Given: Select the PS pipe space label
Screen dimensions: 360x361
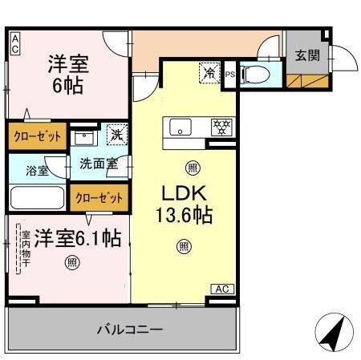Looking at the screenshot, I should [x=230, y=75].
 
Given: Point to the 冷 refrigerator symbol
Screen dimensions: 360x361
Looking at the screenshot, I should [x=209, y=73].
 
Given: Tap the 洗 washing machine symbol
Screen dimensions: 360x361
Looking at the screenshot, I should [x=116, y=137].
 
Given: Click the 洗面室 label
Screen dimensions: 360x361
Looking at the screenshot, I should [x=97, y=165].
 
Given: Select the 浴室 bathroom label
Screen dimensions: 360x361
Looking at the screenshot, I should [x=36, y=170].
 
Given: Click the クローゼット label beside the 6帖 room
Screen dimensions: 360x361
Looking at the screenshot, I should [x=37, y=136].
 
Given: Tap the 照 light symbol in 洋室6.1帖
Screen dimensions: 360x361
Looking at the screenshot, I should [x=72, y=261].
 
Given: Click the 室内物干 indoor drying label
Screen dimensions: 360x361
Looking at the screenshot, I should [x=25, y=250].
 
